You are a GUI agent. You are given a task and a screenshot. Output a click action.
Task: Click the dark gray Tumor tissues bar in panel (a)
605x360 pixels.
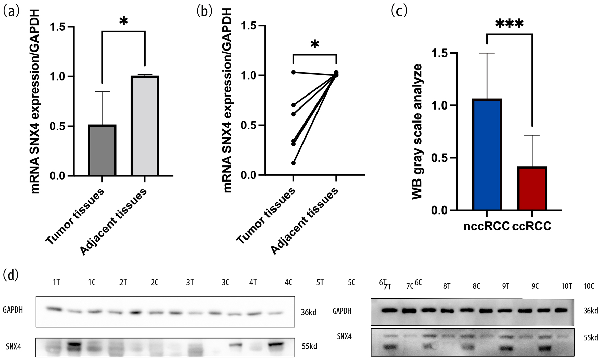tap(102, 150)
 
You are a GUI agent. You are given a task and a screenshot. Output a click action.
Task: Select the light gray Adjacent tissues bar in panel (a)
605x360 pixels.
tap(145, 126)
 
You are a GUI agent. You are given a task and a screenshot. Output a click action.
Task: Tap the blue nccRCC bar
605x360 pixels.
tap(487, 154)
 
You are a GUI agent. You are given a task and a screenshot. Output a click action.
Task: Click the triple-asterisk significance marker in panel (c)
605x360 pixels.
tap(509, 24)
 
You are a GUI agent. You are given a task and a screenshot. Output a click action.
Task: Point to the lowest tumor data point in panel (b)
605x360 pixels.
tap(293, 163)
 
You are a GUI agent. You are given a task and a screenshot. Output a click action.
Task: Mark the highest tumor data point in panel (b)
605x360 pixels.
tap(293, 72)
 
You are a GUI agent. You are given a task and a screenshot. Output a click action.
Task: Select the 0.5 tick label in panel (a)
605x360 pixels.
tap(57, 126)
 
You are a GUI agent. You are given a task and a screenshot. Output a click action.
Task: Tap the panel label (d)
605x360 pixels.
tap(11, 275)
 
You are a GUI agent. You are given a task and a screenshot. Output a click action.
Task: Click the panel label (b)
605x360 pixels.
tap(204, 11)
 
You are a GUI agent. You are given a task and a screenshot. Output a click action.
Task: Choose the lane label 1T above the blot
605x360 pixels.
tap(56, 283)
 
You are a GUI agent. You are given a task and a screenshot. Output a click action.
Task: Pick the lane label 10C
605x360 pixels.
tap(589, 286)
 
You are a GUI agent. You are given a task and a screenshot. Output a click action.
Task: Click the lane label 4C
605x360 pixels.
tap(289, 283)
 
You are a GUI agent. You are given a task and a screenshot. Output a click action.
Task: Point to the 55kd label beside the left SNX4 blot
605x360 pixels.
tap(309, 346)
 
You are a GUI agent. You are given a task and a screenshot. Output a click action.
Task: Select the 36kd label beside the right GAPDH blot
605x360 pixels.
tap(591, 311)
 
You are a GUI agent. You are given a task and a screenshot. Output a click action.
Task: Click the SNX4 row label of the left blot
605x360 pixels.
tap(14, 347)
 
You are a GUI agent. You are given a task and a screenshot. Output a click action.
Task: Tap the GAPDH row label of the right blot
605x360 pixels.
tap(342, 311)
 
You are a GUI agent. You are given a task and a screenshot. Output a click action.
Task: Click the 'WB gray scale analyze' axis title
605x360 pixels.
tap(417, 131)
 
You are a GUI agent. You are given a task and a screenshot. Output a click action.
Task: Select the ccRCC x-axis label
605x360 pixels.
tap(532, 226)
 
